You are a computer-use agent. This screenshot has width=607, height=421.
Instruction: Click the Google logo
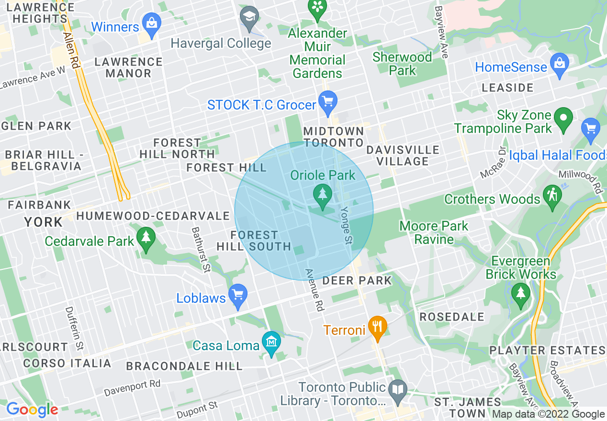click(32, 410)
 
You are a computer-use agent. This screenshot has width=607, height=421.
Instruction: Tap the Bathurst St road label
click(201, 249)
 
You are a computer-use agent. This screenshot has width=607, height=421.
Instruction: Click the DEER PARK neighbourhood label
click(357, 280)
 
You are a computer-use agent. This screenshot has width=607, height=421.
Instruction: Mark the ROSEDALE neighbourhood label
click(452, 317)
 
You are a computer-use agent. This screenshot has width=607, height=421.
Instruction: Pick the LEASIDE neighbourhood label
click(507, 88)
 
